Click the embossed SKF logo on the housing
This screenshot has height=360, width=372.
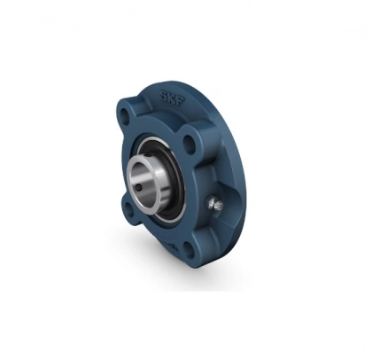tap(173, 98)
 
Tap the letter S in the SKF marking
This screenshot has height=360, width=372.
tap(164, 94)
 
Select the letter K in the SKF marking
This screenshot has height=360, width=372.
tap(172, 98)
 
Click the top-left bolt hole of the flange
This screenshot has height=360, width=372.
tap(125, 119)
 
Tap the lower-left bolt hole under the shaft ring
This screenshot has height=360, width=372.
tap(126, 208)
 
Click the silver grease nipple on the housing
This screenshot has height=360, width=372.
tap(213, 205)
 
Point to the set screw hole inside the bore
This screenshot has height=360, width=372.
tap(138, 188)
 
